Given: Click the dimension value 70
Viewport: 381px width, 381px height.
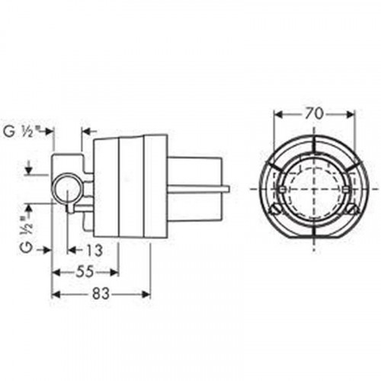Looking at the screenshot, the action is (x=314, y=114).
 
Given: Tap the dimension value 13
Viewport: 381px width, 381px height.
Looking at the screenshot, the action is (x=94, y=250).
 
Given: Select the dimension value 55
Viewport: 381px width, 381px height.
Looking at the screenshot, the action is (x=85, y=272).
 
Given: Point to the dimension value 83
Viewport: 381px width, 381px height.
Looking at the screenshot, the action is (x=101, y=294).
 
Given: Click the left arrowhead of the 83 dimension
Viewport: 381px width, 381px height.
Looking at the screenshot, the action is (x=56, y=294).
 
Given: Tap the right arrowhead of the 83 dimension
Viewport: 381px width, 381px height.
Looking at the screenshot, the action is (x=146, y=294).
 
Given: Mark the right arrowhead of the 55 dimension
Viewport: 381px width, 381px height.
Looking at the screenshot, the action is (x=114, y=273).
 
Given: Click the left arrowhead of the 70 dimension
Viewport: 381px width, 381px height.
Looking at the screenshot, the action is (x=279, y=115).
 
